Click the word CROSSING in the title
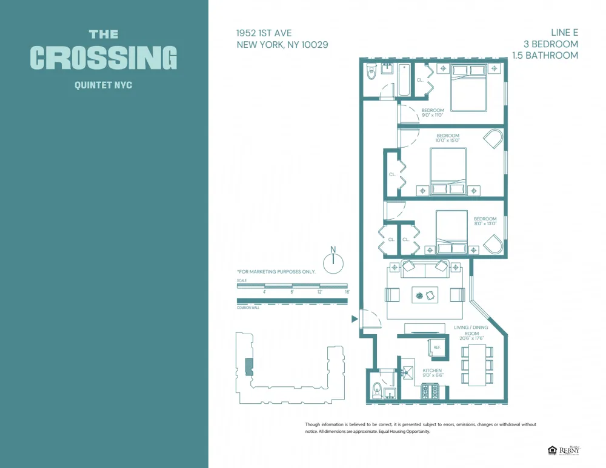click(104, 58)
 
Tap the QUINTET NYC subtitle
click(103, 85)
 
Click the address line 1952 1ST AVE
click(265, 33)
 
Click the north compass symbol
click(333, 263)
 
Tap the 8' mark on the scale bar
click(292, 292)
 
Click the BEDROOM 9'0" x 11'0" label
click(433, 113)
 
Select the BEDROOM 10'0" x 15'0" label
click(447, 137)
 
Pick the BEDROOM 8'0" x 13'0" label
click(485, 221)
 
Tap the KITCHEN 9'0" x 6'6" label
click(433, 373)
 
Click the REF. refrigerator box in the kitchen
click(438, 348)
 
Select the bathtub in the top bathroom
click(404, 81)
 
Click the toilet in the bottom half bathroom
click(376, 388)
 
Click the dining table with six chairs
click(478, 364)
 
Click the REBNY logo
click(569, 450)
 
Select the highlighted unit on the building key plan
click(247, 367)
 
